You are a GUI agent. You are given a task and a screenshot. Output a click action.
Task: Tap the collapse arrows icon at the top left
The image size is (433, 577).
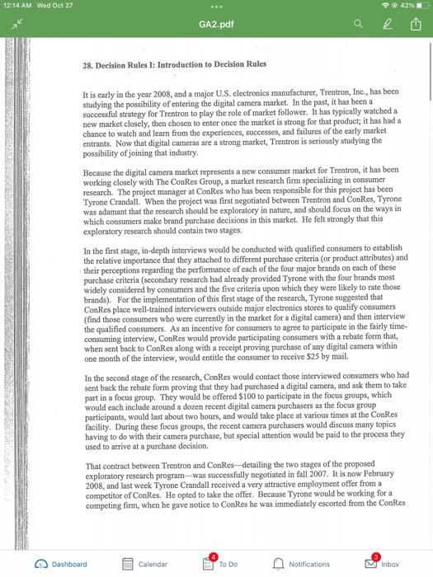15,26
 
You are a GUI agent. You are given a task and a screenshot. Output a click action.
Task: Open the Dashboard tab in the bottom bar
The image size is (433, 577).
61,564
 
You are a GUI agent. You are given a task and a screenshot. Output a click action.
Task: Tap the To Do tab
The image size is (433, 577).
220,564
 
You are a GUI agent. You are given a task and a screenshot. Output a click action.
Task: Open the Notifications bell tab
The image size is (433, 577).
301,564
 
